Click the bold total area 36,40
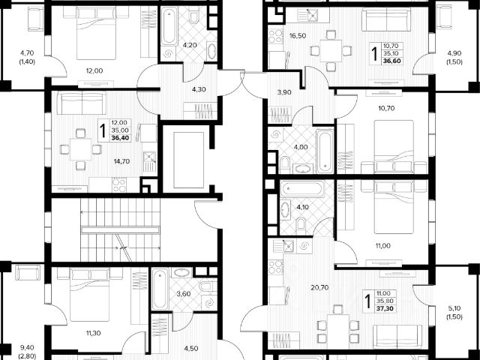pos(119,137)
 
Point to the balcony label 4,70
pos(27,53)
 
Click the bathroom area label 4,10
pos(303,207)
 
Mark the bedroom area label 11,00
pos(382,245)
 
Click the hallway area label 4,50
pos(191,347)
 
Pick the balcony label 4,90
pos(454,53)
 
